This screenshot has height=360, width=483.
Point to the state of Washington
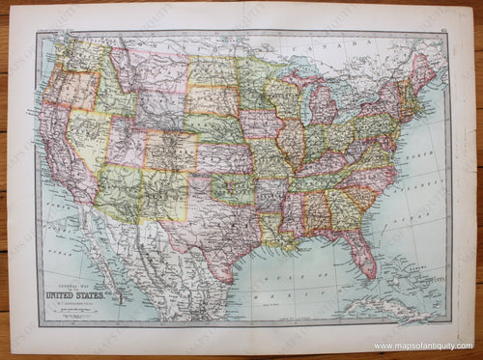click(73, 54)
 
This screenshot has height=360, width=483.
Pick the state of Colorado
click(169, 151)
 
